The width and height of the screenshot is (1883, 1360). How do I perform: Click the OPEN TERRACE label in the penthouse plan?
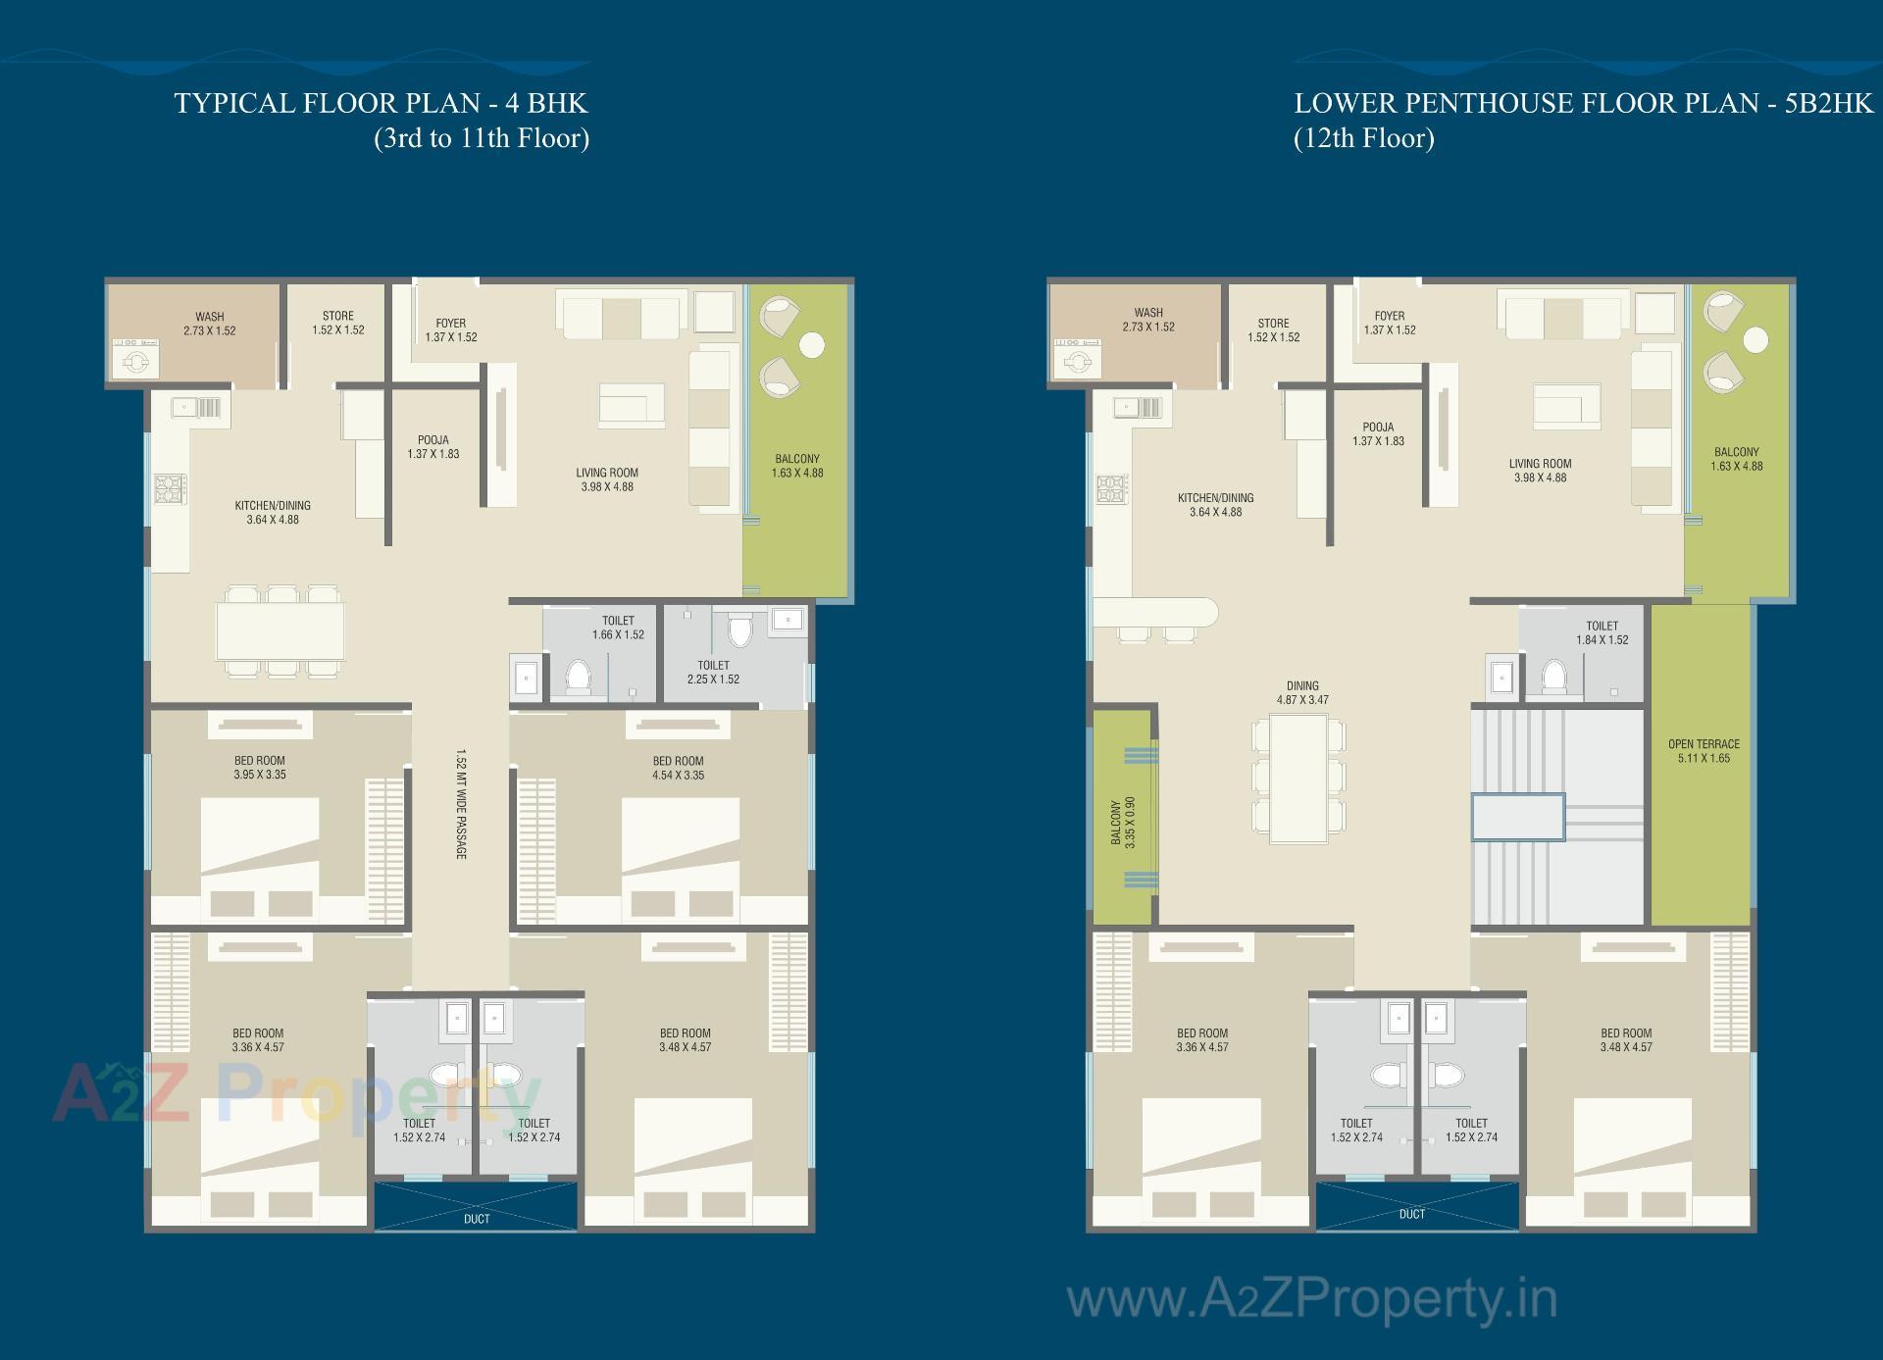pos(1704,751)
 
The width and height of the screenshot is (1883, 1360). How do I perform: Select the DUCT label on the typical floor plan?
pos(477,1219)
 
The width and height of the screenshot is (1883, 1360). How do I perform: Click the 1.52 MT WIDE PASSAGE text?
pos(460,804)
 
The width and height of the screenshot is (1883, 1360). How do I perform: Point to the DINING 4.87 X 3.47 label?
pos(1302,693)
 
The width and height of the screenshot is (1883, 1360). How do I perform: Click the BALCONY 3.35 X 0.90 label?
pos(1123,823)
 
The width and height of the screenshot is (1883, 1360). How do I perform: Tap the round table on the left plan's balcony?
pos(812,345)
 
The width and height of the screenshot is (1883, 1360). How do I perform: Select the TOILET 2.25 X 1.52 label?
pos(713,672)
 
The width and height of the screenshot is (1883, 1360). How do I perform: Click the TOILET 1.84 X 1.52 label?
pos(1602,632)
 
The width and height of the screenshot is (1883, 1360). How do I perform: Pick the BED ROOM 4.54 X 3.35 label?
pos(678,768)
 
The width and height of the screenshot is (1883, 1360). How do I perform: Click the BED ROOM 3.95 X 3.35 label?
pos(260,767)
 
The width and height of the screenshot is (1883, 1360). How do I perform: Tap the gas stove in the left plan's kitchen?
pos(169,487)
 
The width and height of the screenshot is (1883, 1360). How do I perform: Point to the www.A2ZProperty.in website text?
pos(1311,1301)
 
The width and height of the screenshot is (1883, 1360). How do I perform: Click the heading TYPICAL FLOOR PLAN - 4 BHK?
pos(381,103)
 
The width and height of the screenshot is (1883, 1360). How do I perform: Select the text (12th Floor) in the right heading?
pos(1363,138)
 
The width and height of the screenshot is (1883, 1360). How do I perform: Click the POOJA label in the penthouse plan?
pos(1378,433)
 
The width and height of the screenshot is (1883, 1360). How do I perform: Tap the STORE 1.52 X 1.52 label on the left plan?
pos(338,323)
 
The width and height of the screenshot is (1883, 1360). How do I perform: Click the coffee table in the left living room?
pos(631,405)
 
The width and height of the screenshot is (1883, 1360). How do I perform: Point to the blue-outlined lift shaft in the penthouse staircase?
pos(1517,817)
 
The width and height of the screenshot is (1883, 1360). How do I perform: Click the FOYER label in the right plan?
pos(1390,323)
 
